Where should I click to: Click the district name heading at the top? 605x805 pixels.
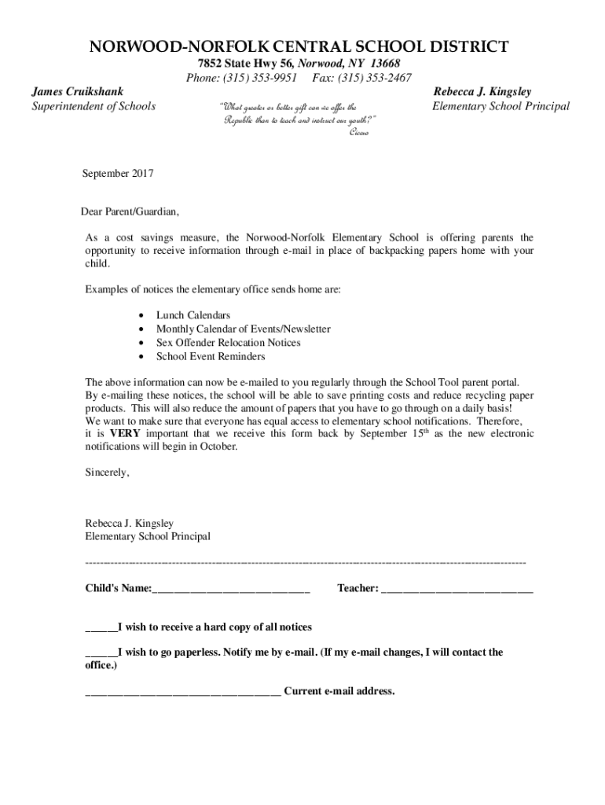298,47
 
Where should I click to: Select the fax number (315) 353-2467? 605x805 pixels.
375,78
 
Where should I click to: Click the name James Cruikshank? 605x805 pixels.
77,92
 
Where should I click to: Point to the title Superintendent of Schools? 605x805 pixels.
93,106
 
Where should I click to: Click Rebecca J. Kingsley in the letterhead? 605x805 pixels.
482,92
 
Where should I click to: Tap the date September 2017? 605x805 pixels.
119,173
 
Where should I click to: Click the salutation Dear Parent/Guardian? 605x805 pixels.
130,212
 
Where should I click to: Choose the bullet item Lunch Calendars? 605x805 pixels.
193,314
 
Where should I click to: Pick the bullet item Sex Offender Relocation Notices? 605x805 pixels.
228,343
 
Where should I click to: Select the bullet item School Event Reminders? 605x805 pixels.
211,356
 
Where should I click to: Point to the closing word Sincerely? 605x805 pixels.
107,472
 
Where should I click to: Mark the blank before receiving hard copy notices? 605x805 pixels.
101,628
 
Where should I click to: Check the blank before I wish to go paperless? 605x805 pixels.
101,653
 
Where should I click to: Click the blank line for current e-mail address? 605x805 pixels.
182,693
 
